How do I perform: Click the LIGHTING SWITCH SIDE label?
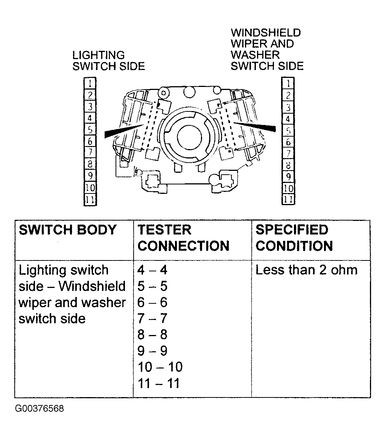coord(108,61)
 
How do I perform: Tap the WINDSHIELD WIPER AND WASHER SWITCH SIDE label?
coord(267,49)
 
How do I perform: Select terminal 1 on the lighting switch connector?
coord(90,83)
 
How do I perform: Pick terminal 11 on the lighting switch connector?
coord(90,199)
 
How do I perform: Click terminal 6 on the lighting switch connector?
coord(90,142)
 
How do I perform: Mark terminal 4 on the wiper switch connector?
coord(288,119)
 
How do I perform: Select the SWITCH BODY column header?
coord(68,230)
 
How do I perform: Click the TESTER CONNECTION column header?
coord(184,238)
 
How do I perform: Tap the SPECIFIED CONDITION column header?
coord(294,238)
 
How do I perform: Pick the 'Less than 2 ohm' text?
coord(306,270)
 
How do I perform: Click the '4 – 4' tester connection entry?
coord(152,270)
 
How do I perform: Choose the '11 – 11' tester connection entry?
coord(158,384)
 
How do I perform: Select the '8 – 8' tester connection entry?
coord(152,335)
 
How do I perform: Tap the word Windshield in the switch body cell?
coord(92,286)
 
